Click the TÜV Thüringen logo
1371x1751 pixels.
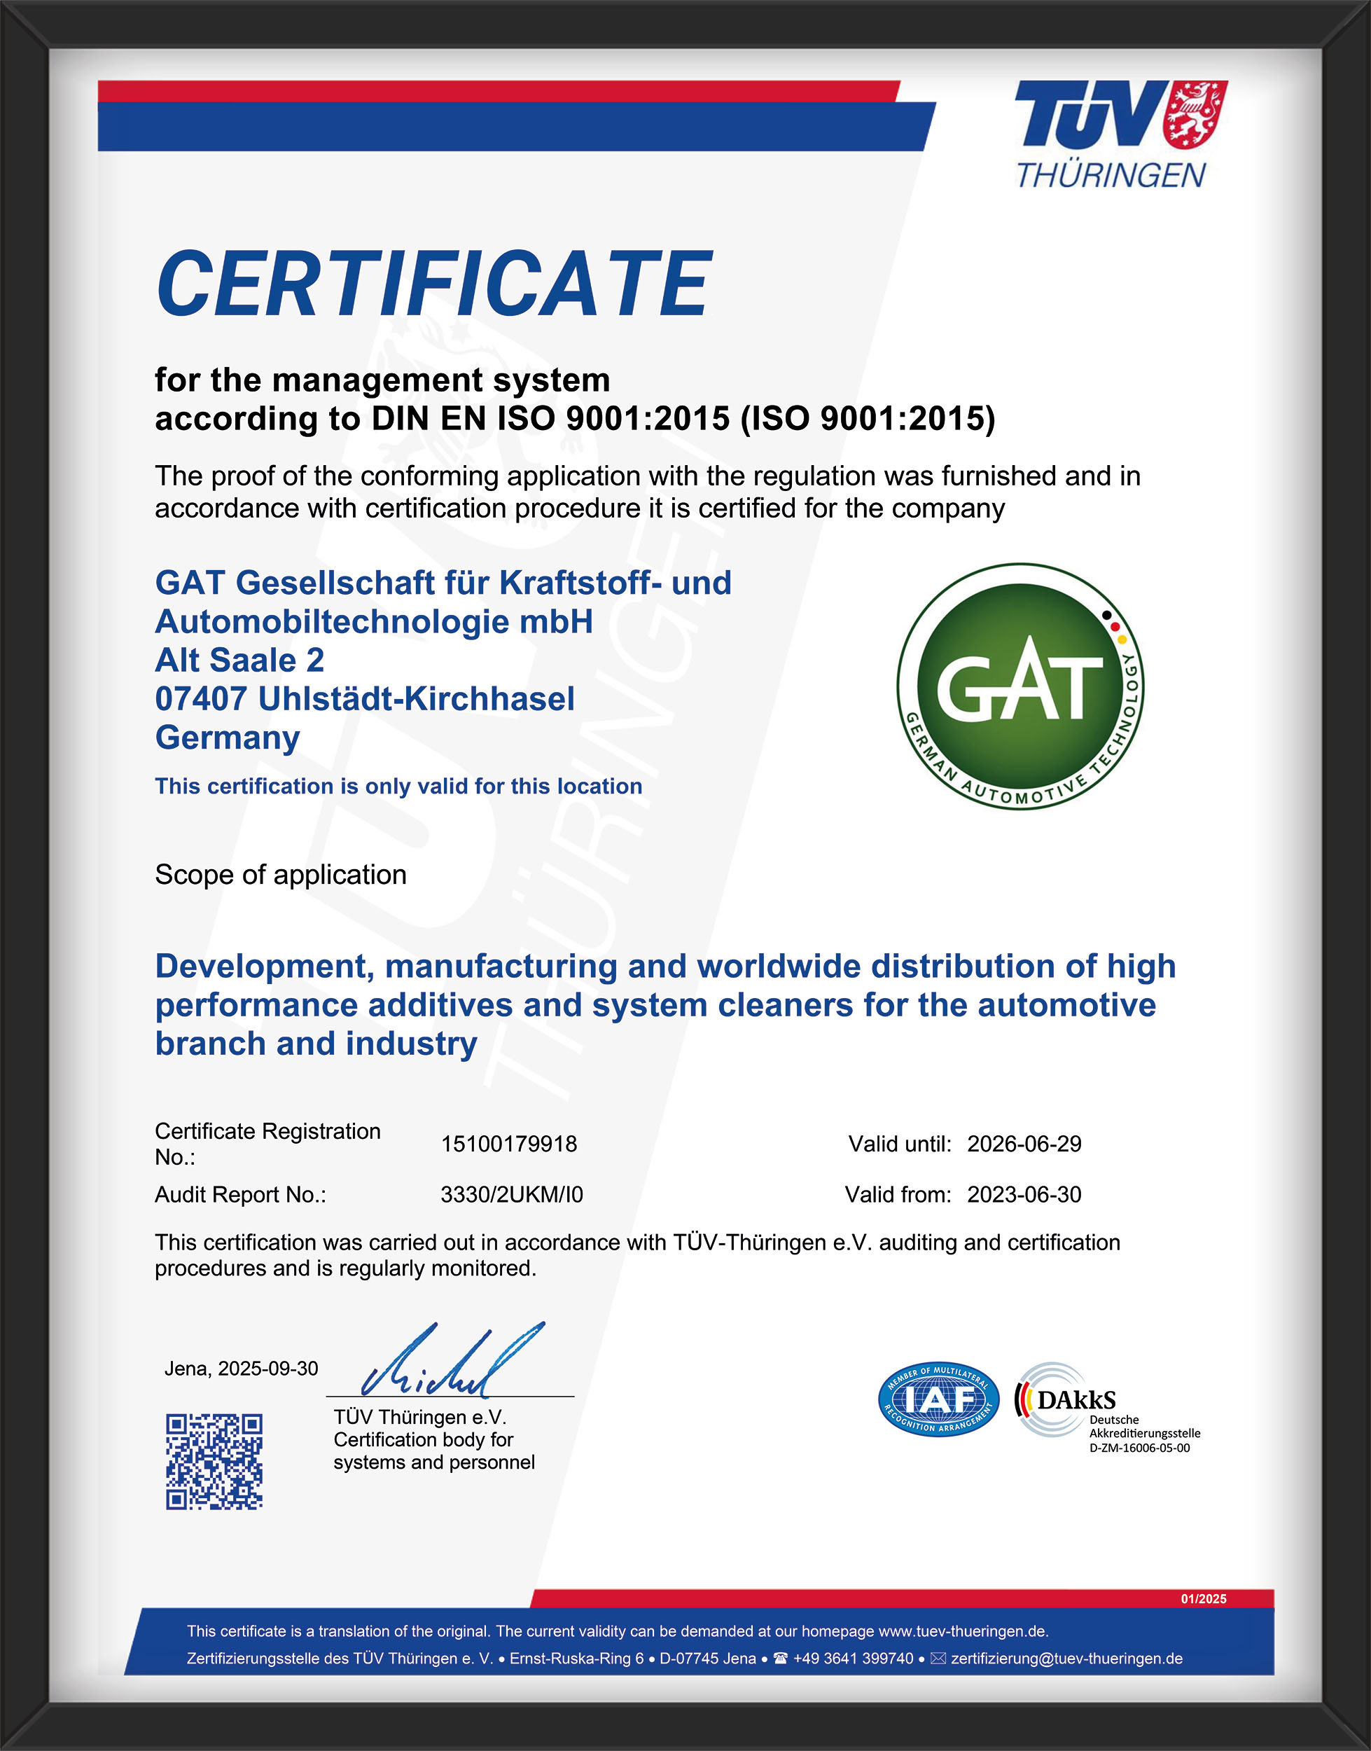pyautogui.click(x=1120, y=134)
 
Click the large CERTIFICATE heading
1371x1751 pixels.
pyautogui.click(x=433, y=284)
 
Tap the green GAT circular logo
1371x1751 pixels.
pyautogui.click(x=1020, y=686)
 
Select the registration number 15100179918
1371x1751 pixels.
pyautogui.click(x=509, y=1144)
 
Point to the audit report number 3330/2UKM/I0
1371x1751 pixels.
pyautogui.click(x=511, y=1195)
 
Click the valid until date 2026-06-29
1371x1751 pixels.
pyautogui.click(x=1024, y=1144)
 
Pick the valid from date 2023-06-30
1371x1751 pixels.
pyautogui.click(x=1024, y=1195)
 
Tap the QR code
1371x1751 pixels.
pyautogui.click(x=214, y=1461)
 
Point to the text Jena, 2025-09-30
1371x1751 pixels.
pyautogui.click(x=241, y=1369)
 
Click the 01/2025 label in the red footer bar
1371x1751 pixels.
pyautogui.click(x=1203, y=1599)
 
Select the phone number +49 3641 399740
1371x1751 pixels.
pyautogui.click(x=852, y=1659)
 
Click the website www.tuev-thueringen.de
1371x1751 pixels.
pyautogui.click(x=962, y=1631)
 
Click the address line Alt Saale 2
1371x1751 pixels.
pyautogui.click(x=239, y=660)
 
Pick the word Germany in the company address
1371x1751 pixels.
pyautogui.click(x=227, y=737)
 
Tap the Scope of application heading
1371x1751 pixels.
pyautogui.click(x=280, y=874)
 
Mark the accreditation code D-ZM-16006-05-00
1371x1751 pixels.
pyautogui.click(x=1139, y=1448)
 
